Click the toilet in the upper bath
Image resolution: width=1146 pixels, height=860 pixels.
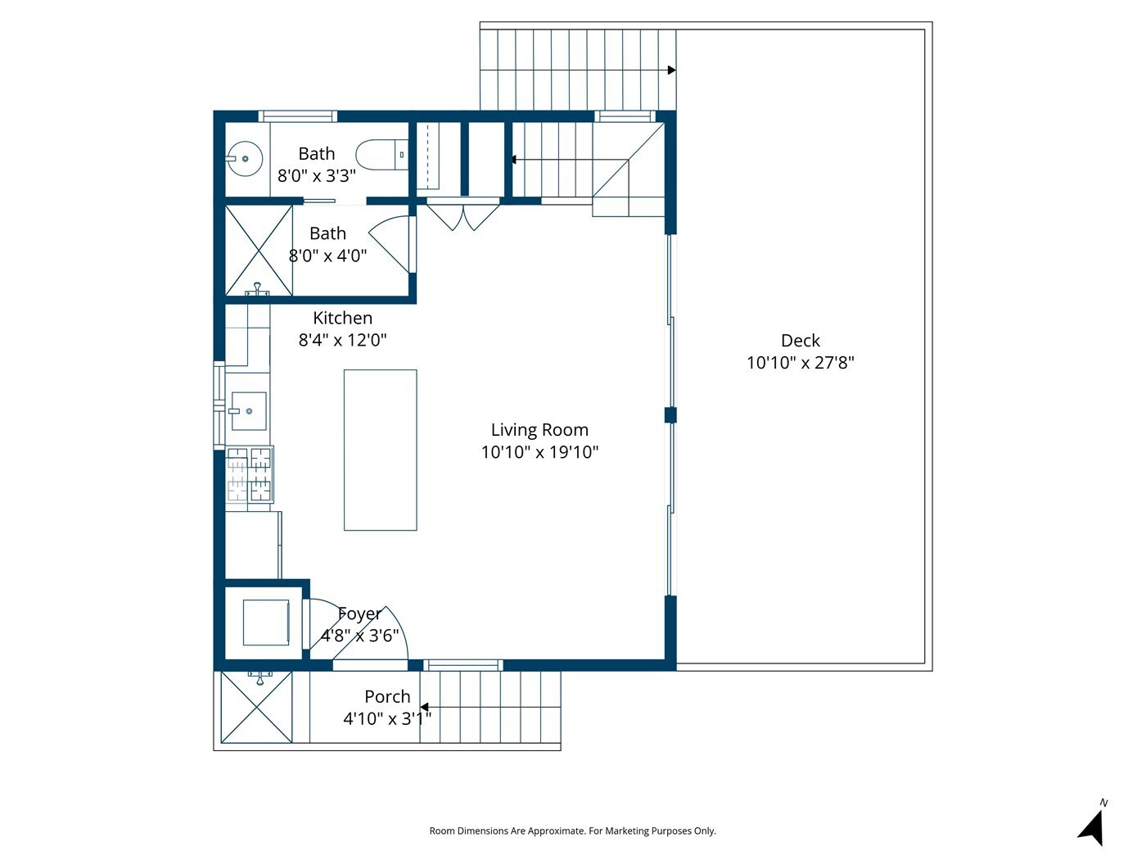[x=381, y=155]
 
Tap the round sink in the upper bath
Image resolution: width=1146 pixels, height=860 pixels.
[x=244, y=159]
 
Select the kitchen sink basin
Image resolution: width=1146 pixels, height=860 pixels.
[x=249, y=411]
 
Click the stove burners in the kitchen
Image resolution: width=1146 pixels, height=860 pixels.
[x=250, y=474]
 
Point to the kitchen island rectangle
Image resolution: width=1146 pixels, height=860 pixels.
[x=380, y=450]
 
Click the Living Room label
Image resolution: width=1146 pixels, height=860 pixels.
[x=539, y=430]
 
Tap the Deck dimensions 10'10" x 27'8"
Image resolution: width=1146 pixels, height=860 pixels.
[x=800, y=362]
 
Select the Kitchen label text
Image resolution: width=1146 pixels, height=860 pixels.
[x=342, y=318]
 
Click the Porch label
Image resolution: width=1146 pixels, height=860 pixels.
[x=387, y=696]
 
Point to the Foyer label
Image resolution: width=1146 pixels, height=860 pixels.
[x=359, y=613]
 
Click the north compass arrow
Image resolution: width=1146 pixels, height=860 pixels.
[x=1092, y=827]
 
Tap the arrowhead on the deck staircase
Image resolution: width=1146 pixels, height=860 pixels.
[x=671, y=70]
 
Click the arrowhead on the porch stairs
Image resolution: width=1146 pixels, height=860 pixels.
[x=425, y=707]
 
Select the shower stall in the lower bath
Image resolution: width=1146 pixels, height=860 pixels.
[x=259, y=251]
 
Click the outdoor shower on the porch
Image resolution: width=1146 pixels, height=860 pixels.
[x=256, y=707]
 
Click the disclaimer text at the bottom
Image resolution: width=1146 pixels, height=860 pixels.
[x=572, y=831]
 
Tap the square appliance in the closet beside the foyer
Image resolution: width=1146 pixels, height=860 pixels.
[x=266, y=622]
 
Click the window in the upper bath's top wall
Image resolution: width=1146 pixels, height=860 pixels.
[x=298, y=116]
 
